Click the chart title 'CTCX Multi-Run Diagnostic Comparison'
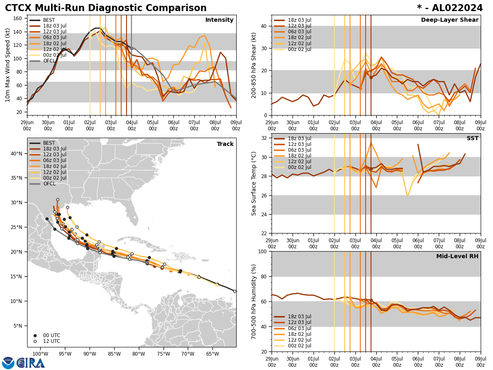click(106, 8)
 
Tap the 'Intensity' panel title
click(219, 20)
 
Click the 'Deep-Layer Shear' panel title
click(449, 20)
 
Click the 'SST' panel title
click(472, 139)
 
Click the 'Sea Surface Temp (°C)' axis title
click(254, 183)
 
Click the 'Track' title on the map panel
click(225, 144)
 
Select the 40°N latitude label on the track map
click(16, 154)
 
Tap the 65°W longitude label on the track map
click(212, 354)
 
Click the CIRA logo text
click(31, 363)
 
